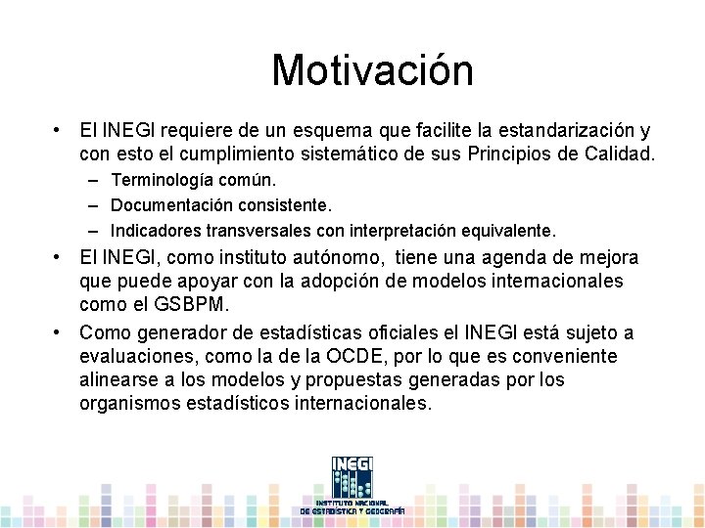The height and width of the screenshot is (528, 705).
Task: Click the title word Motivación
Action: pyautogui.click(x=372, y=70)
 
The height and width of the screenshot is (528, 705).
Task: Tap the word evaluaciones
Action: pyautogui.click(x=136, y=356)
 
